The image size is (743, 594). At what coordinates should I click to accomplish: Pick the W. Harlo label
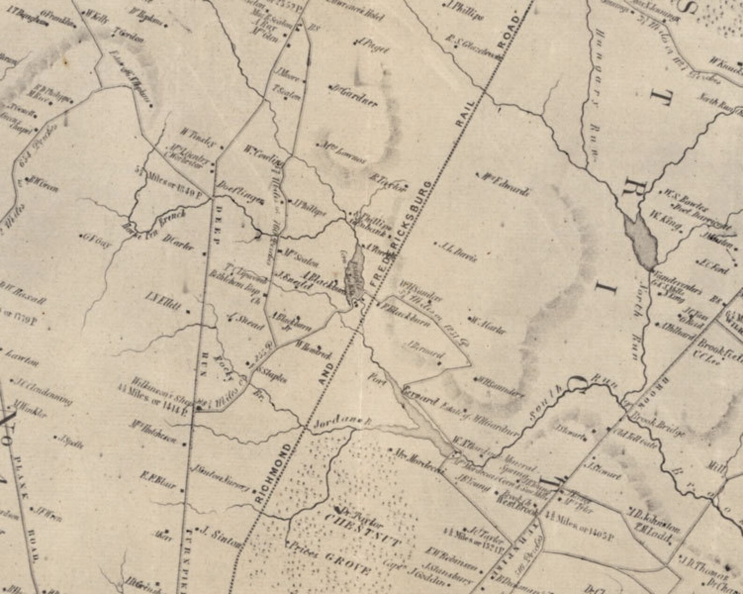point(489,326)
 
